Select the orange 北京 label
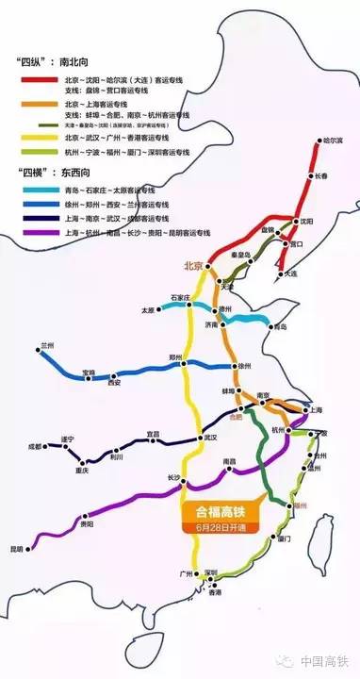point(194,265)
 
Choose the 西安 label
point(115,383)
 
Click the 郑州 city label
point(175,357)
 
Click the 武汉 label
point(209,438)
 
